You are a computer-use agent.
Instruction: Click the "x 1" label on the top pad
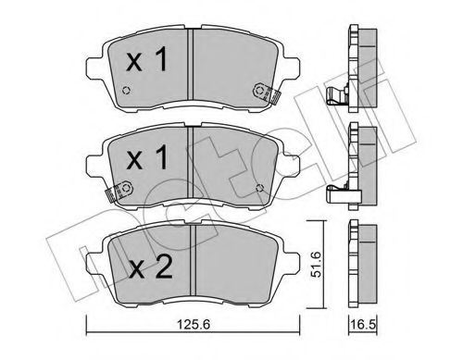pyautogui.click(x=145, y=62)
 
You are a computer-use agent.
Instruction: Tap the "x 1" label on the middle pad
pyautogui.click(x=145, y=158)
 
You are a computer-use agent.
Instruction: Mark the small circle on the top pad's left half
pyautogui.click(x=127, y=90)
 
